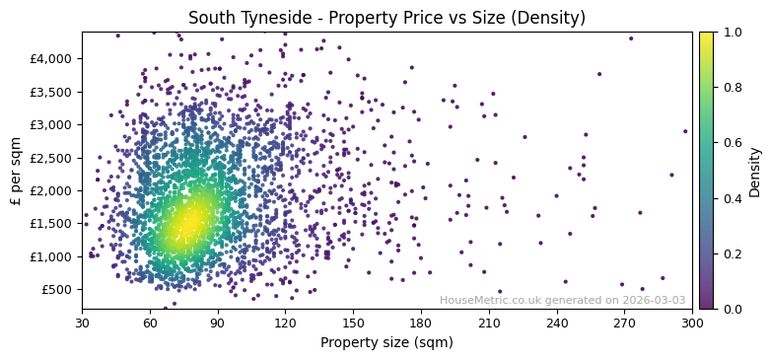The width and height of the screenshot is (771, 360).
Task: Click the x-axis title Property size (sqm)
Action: pos(386,343)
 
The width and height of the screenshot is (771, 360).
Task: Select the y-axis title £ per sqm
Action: pos(16,171)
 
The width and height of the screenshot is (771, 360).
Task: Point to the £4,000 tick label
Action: pos(50,59)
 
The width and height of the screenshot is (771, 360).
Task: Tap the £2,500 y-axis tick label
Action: pos(50,158)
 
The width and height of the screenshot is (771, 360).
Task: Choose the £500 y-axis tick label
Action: pos(56,289)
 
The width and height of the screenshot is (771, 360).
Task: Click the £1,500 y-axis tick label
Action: pos(50,224)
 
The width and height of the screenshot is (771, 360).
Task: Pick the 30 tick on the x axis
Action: pos(82,323)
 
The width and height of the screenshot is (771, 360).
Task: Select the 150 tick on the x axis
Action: pos(353,323)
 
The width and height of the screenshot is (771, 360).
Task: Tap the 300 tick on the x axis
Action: pos(692,323)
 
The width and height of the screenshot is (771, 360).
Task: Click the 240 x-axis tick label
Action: pos(557,323)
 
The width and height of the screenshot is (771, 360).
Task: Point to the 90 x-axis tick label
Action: pos(218,323)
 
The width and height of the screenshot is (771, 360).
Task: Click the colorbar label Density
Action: pos(754,171)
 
